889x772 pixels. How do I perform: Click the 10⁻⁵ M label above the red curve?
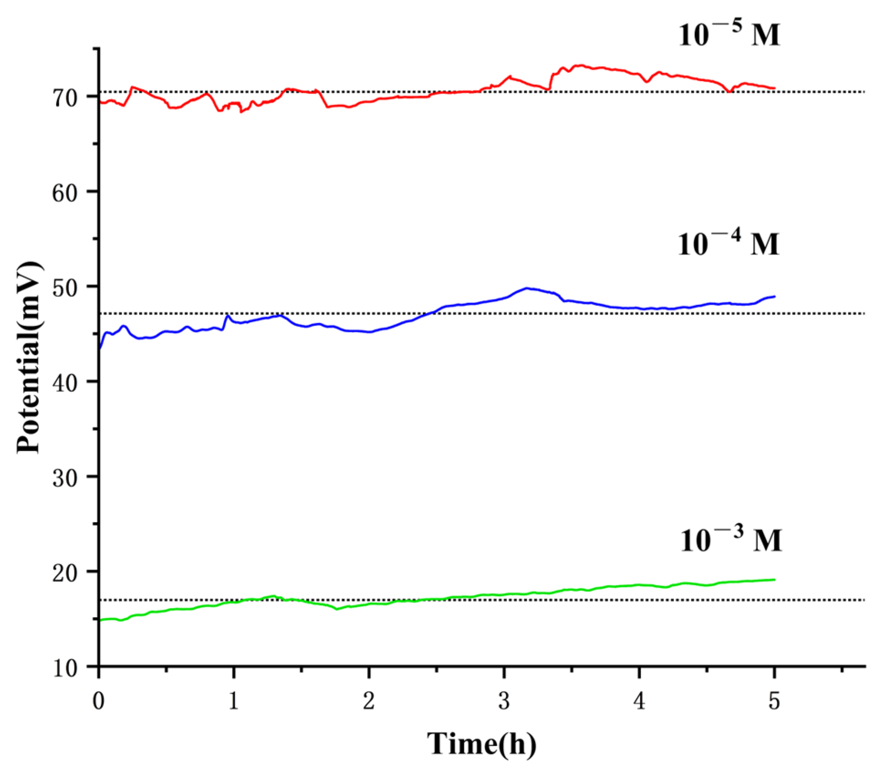[x=728, y=34]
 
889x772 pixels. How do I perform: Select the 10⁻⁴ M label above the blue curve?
[x=728, y=243]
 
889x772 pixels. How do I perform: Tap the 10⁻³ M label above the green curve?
[x=730, y=540]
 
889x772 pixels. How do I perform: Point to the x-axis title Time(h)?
[x=481, y=743]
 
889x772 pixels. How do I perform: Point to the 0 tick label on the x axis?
[x=99, y=701]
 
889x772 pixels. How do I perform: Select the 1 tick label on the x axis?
[x=234, y=701]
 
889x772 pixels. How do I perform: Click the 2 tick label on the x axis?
[x=369, y=701]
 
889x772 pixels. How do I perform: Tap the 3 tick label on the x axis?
[x=504, y=701]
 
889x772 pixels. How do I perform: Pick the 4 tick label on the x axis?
[x=639, y=701]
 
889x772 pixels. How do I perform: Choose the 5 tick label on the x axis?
[x=774, y=701]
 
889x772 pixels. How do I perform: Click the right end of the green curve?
[x=774, y=580]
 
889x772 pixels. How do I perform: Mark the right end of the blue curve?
[x=774, y=296]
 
